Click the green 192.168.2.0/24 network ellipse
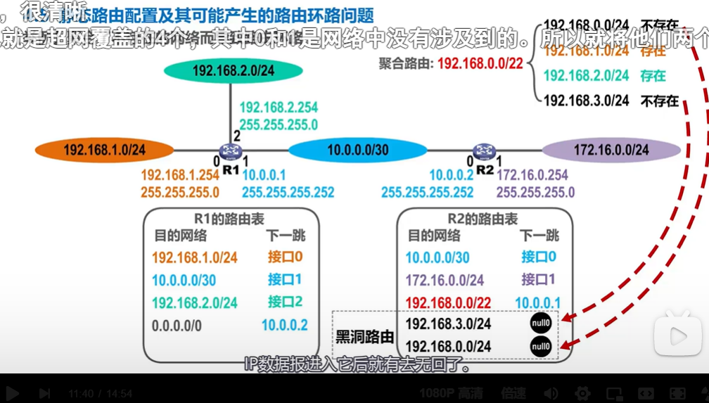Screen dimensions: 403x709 point(233,70)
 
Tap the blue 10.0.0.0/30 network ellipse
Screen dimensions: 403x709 point(357,150)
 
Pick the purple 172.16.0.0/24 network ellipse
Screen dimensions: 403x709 point(610,150)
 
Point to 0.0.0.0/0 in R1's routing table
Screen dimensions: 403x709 point(177,326)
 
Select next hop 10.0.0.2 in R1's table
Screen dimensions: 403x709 point(284,325)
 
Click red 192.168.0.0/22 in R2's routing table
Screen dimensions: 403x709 point(448,303)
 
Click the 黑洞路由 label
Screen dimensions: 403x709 point(365,337)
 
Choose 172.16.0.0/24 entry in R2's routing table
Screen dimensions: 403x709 point(445,281)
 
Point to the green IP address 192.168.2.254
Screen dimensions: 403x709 point(279,108)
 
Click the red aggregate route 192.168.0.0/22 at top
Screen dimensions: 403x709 point(480,64)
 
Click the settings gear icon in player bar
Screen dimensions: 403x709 point(582,393)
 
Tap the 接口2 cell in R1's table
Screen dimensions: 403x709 point(285,302)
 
